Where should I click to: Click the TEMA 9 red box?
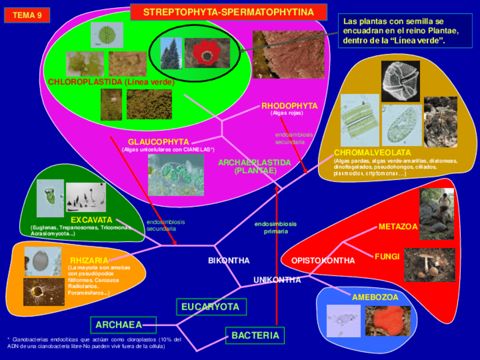[27, 15]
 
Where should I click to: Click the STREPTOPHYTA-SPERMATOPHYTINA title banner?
[229, 12]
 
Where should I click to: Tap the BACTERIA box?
[255, 336]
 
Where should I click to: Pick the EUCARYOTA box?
[211, 307]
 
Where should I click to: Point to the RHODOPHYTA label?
[289, 106]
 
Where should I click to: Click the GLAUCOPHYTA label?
[158, 142]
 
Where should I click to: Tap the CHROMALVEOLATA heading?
[372, 153]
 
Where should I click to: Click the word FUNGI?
[387, 256]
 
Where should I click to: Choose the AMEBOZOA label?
[375, 297]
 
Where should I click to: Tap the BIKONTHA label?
[229, 261]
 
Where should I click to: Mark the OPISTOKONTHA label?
[323, 261]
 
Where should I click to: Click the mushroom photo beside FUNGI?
[429, 264]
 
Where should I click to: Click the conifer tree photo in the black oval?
[171, 53]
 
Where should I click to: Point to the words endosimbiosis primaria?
[275, 228]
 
